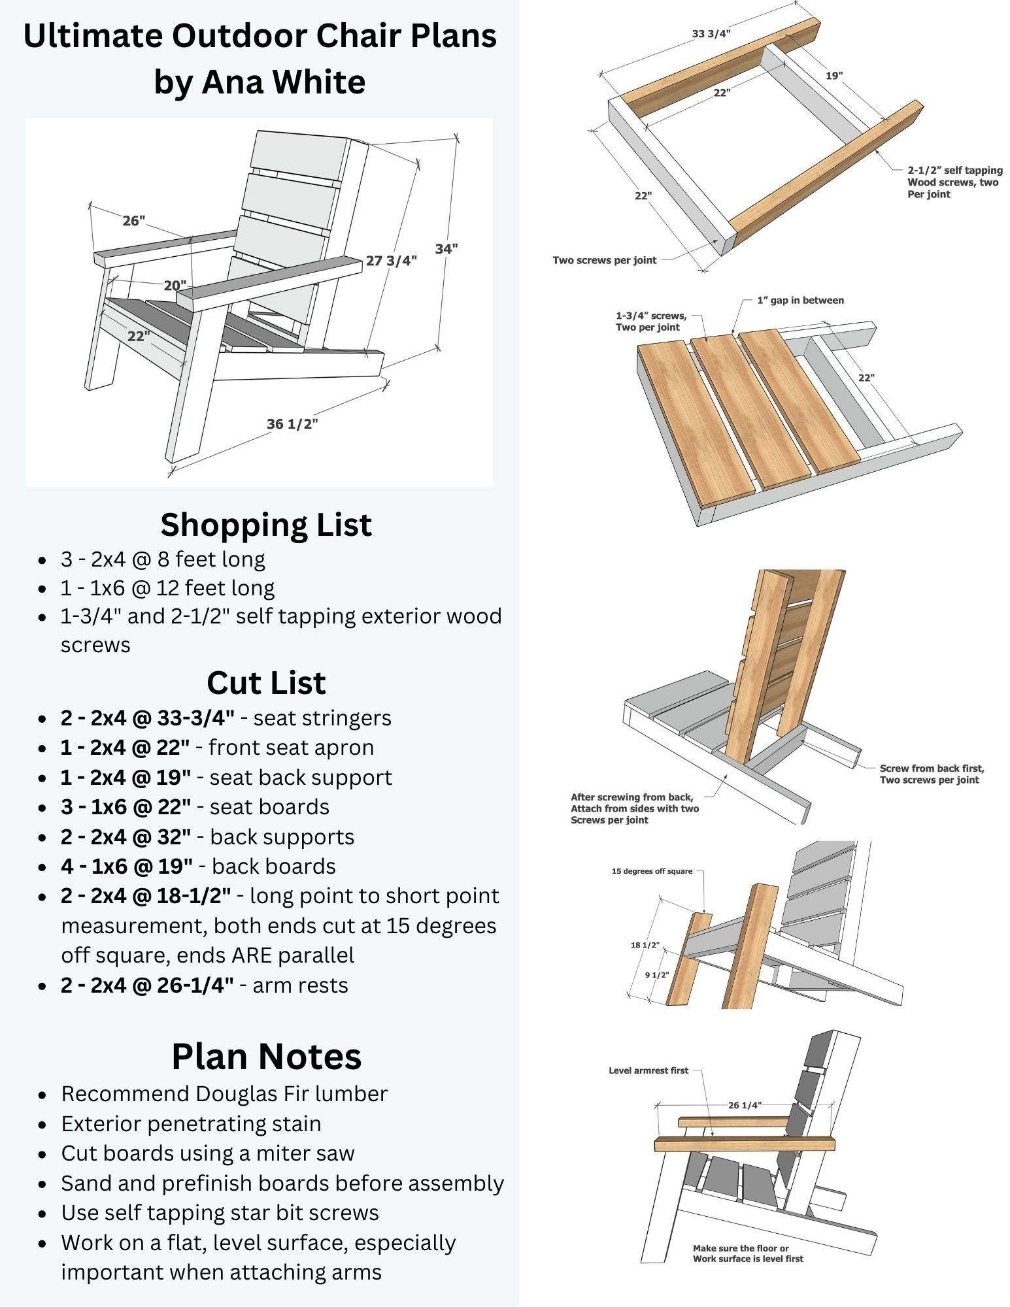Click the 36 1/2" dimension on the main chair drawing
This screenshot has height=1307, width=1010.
point(292,423)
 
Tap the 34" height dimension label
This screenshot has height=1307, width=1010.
point(446,248)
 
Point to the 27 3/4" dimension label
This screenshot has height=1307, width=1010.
point(391,261)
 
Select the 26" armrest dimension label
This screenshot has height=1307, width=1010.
point(133,221)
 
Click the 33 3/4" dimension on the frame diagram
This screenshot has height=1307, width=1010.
point(711,34)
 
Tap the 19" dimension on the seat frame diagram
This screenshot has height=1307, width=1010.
point(833,75)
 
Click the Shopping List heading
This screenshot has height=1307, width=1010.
point(266,524)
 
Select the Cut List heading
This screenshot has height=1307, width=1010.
point(266,682)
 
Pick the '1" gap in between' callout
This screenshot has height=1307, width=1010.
point(800,300)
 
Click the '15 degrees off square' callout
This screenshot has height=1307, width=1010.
point(652,870)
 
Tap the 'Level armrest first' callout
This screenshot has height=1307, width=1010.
point(648,1070)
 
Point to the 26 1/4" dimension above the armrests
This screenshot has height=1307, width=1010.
point(745,1105)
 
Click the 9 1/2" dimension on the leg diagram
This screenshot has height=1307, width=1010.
point(656,975)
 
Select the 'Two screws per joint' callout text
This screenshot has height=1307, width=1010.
point(604,260)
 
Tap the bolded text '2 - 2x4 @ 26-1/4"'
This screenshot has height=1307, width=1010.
point(147,985)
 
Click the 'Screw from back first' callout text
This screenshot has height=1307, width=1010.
point(931,768)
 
